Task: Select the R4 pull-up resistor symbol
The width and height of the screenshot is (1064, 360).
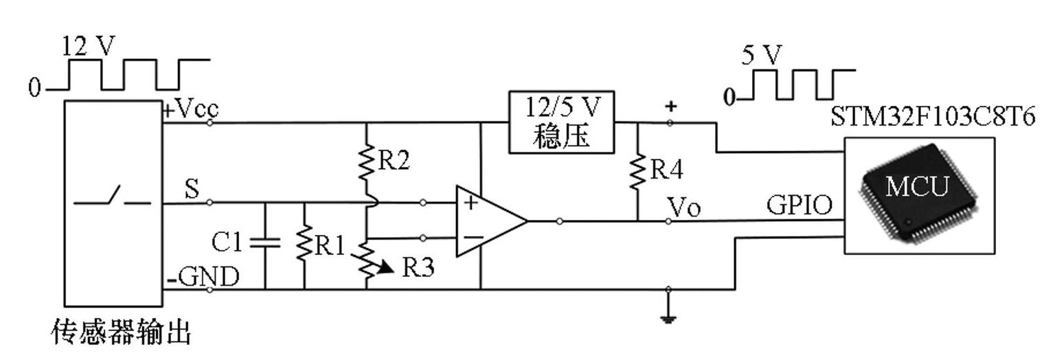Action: coord(638,171)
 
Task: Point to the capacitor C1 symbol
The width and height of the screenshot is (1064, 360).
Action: coord(265,242)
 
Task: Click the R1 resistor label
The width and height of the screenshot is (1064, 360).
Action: coord(329,245)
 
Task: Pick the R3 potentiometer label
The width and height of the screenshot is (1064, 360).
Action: coord(418,267)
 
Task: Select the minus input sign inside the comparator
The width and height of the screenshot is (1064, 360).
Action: coord(472,238)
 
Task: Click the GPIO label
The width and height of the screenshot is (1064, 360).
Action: coord(799,205)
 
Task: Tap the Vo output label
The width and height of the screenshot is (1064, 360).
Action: coord(684,207)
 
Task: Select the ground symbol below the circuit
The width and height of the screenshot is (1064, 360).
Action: coord(668,317)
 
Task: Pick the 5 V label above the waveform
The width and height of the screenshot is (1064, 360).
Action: coord(761,55)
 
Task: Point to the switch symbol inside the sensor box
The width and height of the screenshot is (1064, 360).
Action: coord(112,200)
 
